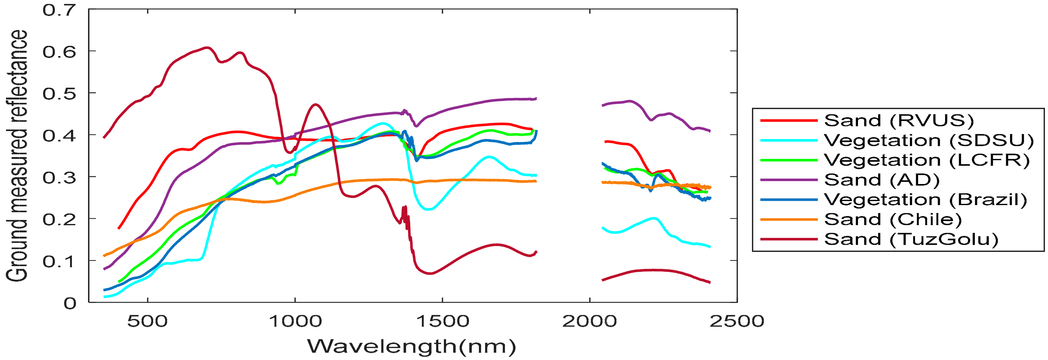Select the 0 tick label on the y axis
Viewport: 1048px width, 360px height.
(69, 303)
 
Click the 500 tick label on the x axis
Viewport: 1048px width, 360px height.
(147, 321)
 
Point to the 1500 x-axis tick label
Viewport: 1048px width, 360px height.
(442, 321)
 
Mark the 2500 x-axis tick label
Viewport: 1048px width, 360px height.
(737, 321)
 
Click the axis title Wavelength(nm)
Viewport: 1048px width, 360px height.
(411, 347)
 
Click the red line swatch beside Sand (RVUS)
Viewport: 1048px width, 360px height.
(789, 121)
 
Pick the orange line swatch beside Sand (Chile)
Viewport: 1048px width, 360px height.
(789, 219)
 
